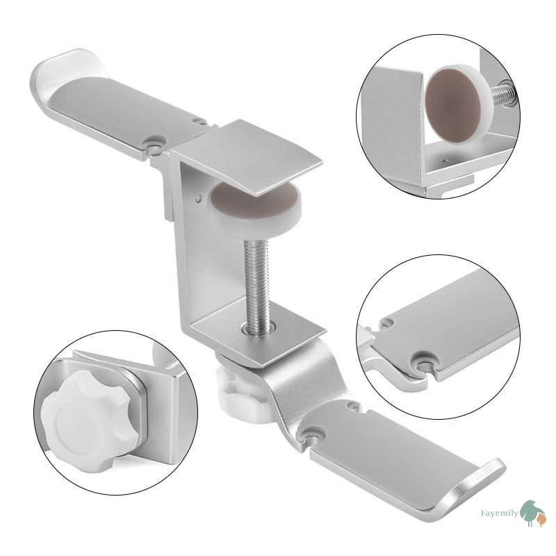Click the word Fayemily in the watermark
(499, 513)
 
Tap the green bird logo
(530, 512)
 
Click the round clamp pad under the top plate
(254, 206)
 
